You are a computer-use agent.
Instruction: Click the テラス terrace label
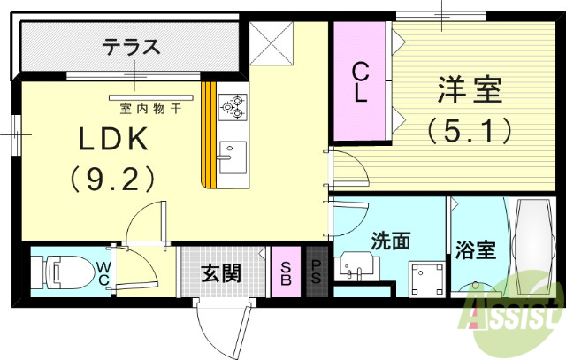click(x=131, y=46)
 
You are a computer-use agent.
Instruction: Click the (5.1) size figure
click(x=470, y=132)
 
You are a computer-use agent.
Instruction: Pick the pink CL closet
click(x=360, y=82)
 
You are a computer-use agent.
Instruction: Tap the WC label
click(x=103, y=273)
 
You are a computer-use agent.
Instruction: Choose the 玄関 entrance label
click(x=221, y=273)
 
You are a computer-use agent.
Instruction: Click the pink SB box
click(x=287, y=273)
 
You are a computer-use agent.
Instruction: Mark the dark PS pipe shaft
click(x=316, y=273)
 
